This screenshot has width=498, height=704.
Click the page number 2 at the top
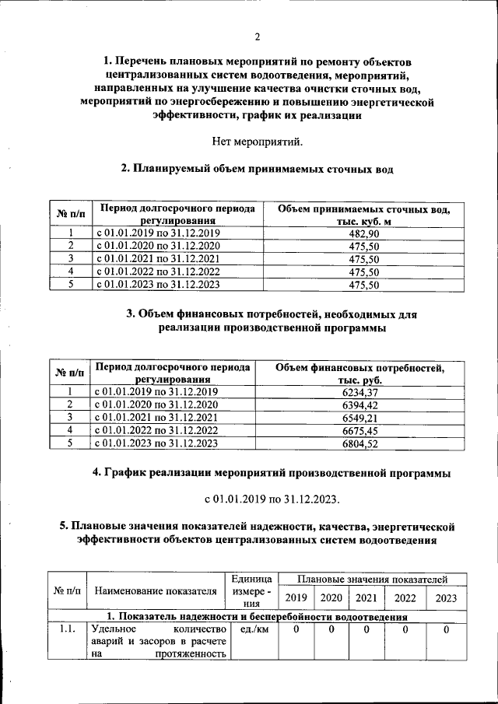[x=257, y=37]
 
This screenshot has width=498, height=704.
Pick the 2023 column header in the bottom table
[x=446, y=598]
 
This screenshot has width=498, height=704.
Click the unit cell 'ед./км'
[x=251, y=629]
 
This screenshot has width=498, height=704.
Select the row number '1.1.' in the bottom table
[x=66, y=629]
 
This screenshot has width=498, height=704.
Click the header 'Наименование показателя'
[x=155, y=591]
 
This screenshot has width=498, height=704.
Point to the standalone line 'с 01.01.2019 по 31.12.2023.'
[x=272, y=498]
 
